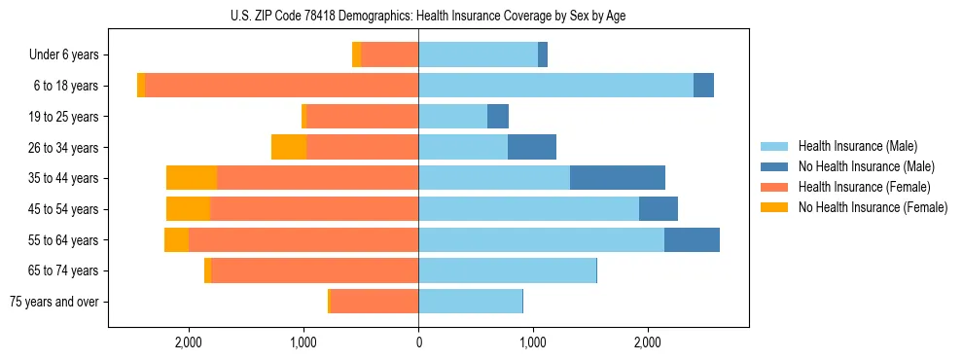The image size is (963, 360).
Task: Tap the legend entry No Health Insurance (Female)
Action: [x=872, y=207]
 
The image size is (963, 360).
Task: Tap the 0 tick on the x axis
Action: [x=418, y=342]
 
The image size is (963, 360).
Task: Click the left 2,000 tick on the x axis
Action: [x=188, y=342]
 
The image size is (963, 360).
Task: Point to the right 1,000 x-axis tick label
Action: [x=533, y=342]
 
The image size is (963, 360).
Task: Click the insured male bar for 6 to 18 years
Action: [x=555, y=86]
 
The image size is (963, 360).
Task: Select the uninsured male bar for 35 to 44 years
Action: [x=617, y=178]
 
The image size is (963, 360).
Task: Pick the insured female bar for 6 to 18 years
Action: [x=281, y=86]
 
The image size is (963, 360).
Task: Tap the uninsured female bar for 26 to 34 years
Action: [x=289, y=147]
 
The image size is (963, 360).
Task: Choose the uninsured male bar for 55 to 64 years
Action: [x=692, y=239]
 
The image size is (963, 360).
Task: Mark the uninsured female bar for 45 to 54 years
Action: [x=188, y=209]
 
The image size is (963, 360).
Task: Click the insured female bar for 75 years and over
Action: [x=374, y=302]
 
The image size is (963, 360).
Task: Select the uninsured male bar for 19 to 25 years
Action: [x=498, y=117]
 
